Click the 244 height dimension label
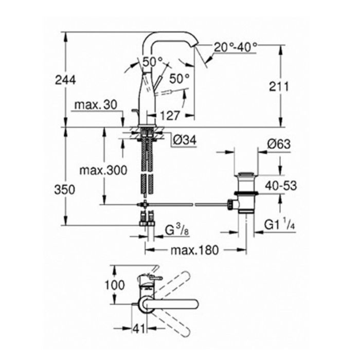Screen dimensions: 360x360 pos(65,80)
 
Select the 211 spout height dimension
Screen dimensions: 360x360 pos(279,86)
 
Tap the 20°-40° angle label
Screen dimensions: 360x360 pos(236,47)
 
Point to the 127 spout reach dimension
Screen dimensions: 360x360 pos(170,115)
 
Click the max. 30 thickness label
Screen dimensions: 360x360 pos(96,105)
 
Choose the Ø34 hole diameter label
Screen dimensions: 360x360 pos(185,140)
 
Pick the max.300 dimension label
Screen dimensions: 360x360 pos(103,170)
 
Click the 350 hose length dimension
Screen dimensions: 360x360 pos(65,190)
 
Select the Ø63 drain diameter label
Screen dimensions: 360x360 pos(279,144)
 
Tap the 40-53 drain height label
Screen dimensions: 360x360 pos(281,186)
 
